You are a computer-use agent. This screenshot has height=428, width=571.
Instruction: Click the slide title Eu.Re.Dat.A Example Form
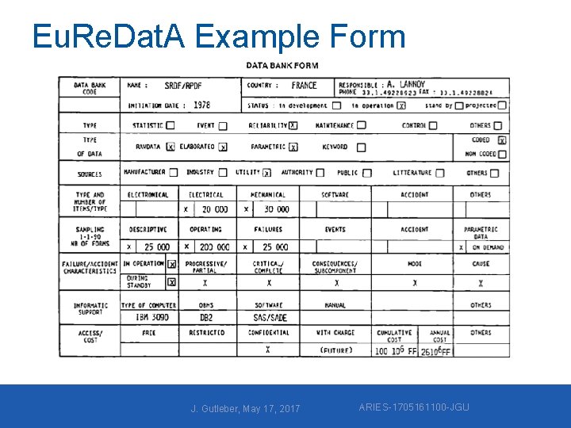click(219, 37)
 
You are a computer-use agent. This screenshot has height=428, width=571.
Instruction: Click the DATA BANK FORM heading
click(282, 66)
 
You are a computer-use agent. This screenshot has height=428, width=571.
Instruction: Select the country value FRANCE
click(304, 86)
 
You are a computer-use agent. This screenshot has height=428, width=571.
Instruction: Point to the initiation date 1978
click(201, 105)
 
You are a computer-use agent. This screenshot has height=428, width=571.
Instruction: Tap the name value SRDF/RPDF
click(183, 86)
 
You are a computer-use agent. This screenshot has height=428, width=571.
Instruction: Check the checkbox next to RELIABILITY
click(293, 125)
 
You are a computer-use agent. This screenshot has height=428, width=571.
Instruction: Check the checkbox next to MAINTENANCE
click(361, 125)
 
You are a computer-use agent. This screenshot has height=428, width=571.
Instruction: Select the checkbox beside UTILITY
click(267, 173)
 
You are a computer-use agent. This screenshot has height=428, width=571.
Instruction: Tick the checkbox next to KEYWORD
click(361, 147)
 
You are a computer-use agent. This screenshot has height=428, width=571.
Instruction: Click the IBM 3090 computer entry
click(151, 318)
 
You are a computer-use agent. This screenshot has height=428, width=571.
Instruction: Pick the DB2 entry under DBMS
click(206, 318)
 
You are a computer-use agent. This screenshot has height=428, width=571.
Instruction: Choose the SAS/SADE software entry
click(270, 318)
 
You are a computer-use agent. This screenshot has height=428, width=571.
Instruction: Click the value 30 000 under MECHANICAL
click(277, 209)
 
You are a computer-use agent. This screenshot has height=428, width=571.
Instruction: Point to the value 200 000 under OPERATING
click(214, 247)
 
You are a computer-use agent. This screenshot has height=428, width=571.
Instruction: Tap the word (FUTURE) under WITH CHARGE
click(335, 350)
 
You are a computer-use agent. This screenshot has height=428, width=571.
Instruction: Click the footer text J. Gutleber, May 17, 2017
click(246, 408)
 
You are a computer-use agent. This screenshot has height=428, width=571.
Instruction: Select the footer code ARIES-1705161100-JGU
click(414, 407)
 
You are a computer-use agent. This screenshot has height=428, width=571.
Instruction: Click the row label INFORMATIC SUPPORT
click(90, 309)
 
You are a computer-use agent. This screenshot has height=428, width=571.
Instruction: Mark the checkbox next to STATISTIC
click(171, 125)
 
